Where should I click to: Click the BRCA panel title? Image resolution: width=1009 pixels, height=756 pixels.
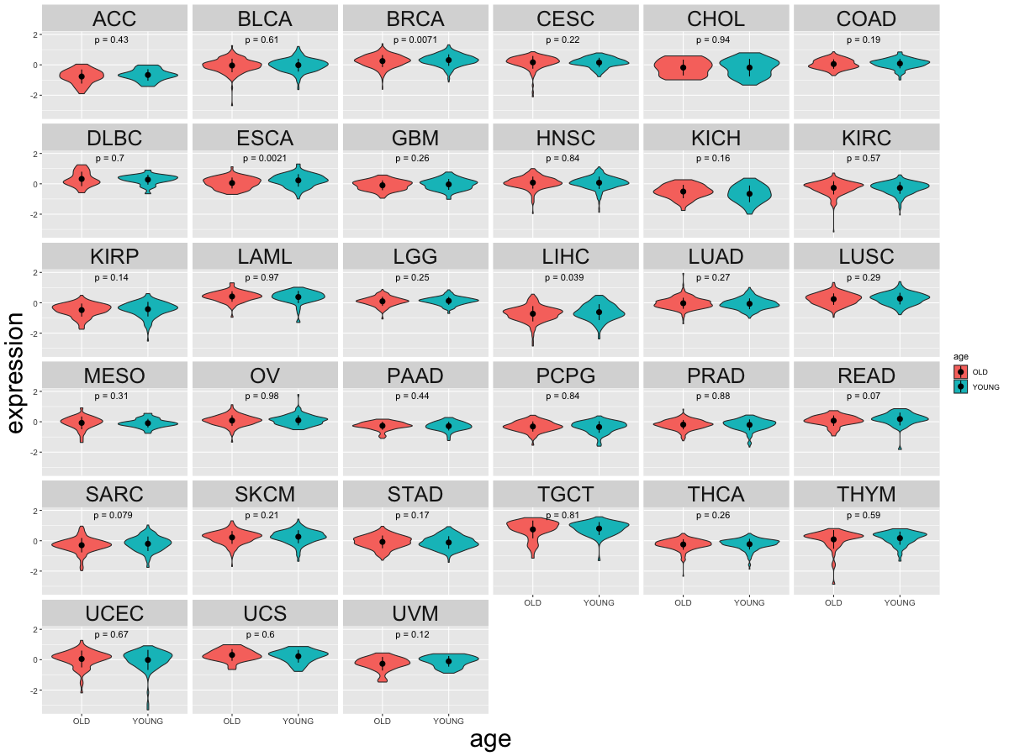tap(415, 18)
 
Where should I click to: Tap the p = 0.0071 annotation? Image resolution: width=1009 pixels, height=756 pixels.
tap(415, 39)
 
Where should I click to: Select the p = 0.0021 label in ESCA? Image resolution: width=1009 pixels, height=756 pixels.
tap(266, 158)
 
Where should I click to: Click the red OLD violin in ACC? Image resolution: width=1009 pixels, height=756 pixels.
tap(82, 76)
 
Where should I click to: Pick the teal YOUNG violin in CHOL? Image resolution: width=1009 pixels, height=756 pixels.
tap(749, 68)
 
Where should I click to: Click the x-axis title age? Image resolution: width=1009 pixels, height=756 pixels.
tap(490, 739)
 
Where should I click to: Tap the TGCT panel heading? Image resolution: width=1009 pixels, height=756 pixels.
tap(565, 494)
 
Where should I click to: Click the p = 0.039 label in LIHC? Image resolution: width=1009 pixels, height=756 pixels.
tap(565, 277)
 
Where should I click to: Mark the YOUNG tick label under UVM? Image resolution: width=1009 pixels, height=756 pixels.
tap(448, 721)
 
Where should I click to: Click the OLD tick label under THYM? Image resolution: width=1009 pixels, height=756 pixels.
tap(833, 602)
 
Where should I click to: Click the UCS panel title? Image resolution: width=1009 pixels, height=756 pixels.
tap(266, 613)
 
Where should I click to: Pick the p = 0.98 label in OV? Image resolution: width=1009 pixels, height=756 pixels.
tap(266, 396)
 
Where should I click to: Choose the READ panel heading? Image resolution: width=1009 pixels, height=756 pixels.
tap(866, 375)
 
